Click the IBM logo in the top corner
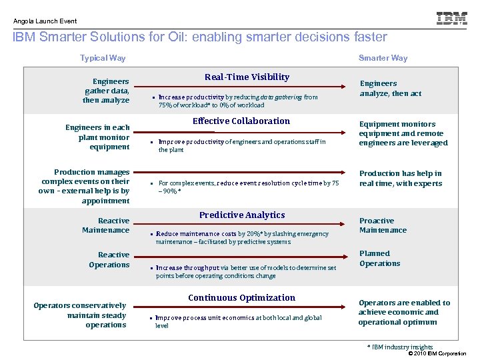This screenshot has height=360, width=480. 451,19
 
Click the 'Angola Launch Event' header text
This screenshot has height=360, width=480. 45,21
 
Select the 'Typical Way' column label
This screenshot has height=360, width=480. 103,58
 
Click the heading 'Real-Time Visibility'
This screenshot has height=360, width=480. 247,77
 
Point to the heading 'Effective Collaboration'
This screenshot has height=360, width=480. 241,121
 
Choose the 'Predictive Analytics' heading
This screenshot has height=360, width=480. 242,215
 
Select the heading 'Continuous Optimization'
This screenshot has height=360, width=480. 241,298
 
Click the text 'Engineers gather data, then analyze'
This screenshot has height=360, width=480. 106,91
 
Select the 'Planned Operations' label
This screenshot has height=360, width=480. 379,259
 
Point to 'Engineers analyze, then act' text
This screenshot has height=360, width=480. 391,89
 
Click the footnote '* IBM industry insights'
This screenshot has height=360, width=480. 400,347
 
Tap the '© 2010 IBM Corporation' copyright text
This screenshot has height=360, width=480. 437,353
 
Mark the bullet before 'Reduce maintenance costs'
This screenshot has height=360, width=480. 152,235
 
